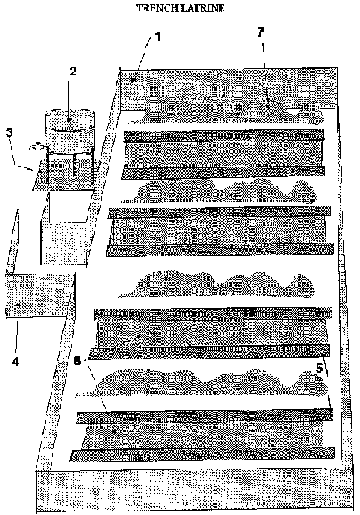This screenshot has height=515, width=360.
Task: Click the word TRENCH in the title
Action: click(156, 8)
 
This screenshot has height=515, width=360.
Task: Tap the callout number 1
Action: click(158, 37)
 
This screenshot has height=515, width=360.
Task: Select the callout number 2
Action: click(73, 71)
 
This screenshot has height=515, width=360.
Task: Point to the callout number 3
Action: click(10, 132)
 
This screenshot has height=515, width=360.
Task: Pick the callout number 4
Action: click(16, 362)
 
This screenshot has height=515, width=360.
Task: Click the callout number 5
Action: click(320, 369)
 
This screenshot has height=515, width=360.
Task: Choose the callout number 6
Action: click(77, 361)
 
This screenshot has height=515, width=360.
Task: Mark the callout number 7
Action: click(260, 32)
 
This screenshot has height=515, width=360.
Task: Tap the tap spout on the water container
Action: click(36, 145)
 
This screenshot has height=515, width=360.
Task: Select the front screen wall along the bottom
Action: click(194, 490)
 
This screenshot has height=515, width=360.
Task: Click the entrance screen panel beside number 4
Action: click(39, 296)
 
